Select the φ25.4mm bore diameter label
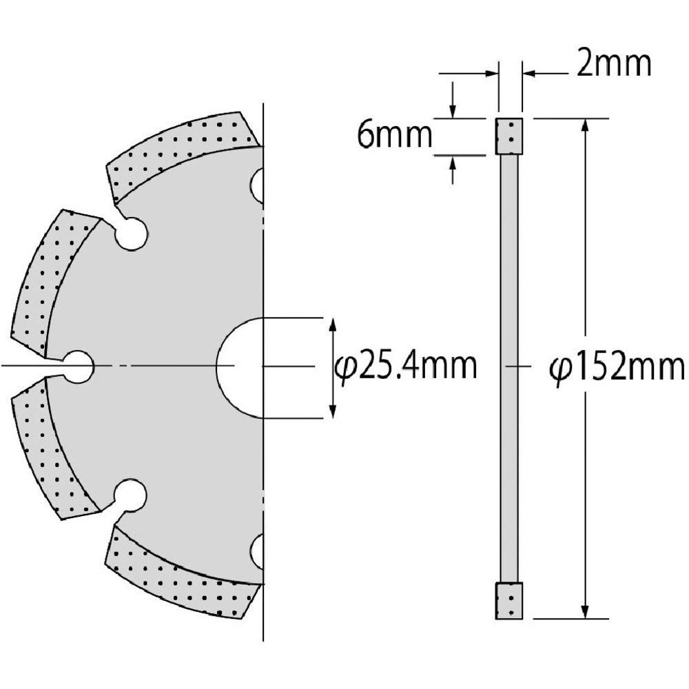pyautogui.click(x=406, y=367)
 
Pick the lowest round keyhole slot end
pyautogui.click(x=130, y=495)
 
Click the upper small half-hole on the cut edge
pyautogui.click(x=257, y=185)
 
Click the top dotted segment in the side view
pyautogui.click(x=509, y=136)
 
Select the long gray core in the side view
pyautogui.click(x=509, y=367)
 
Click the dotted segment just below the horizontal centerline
pyautogui.click(x=48, y=448)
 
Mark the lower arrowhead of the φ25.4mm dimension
pyautogui.click(x=333, y=409)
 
